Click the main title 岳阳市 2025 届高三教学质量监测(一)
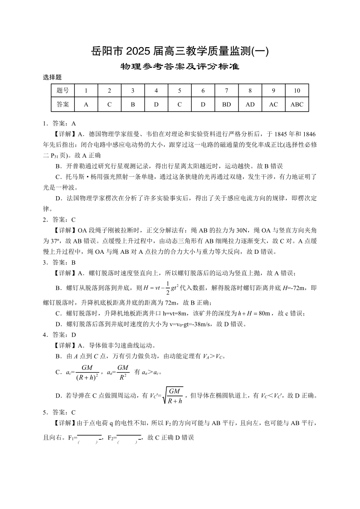click(x=180, y=52)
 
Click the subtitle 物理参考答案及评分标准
click(x=180, y=67)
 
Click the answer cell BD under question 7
click(x=227, y=104)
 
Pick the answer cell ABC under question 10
click(x=297, y=104)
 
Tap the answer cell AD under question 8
click(x=250, y=104)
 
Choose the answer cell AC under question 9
click(x=273, y=104)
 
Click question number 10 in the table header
click(x=297, y=91)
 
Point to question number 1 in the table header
click(x=86, y=91)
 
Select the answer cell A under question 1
click(x=86, y=104)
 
